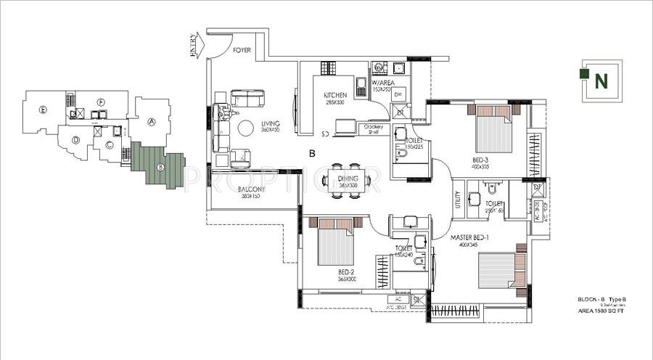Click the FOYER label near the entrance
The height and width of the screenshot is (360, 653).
[x=242, y=52]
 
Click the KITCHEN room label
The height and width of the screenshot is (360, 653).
[x=335, y=95]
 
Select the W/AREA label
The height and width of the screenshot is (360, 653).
[x=383, y=83]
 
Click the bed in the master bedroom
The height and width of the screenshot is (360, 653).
[x=494, y=270]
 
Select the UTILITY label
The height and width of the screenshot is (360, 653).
[x=457, y=199]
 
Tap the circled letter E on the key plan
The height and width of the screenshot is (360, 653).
[x=44, y=110]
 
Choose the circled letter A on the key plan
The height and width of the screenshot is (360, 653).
[x=152, y=122]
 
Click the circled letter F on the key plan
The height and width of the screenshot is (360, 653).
[x=102, y=102]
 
